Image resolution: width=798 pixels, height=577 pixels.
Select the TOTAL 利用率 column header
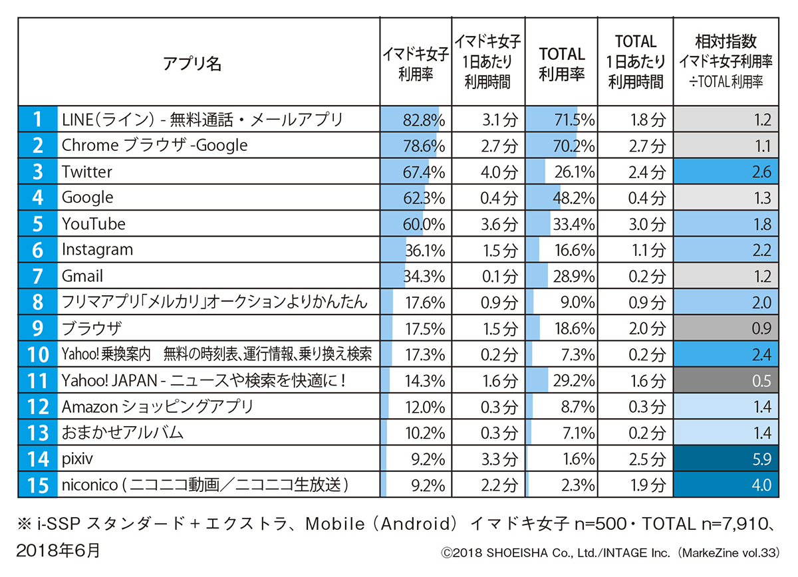(561, 64)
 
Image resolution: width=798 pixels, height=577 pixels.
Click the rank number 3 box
(37, 172)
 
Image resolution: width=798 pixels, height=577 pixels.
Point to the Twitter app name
(87, 172)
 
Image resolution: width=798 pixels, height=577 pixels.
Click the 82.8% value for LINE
(424, 120)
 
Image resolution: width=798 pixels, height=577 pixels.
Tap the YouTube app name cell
(94, 223)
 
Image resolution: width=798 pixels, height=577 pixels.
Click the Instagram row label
(97, 249)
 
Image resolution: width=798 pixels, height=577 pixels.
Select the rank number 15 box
(37, 485)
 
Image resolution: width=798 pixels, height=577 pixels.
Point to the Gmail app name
(82, 276)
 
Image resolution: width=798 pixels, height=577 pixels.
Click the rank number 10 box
(37, 354)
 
